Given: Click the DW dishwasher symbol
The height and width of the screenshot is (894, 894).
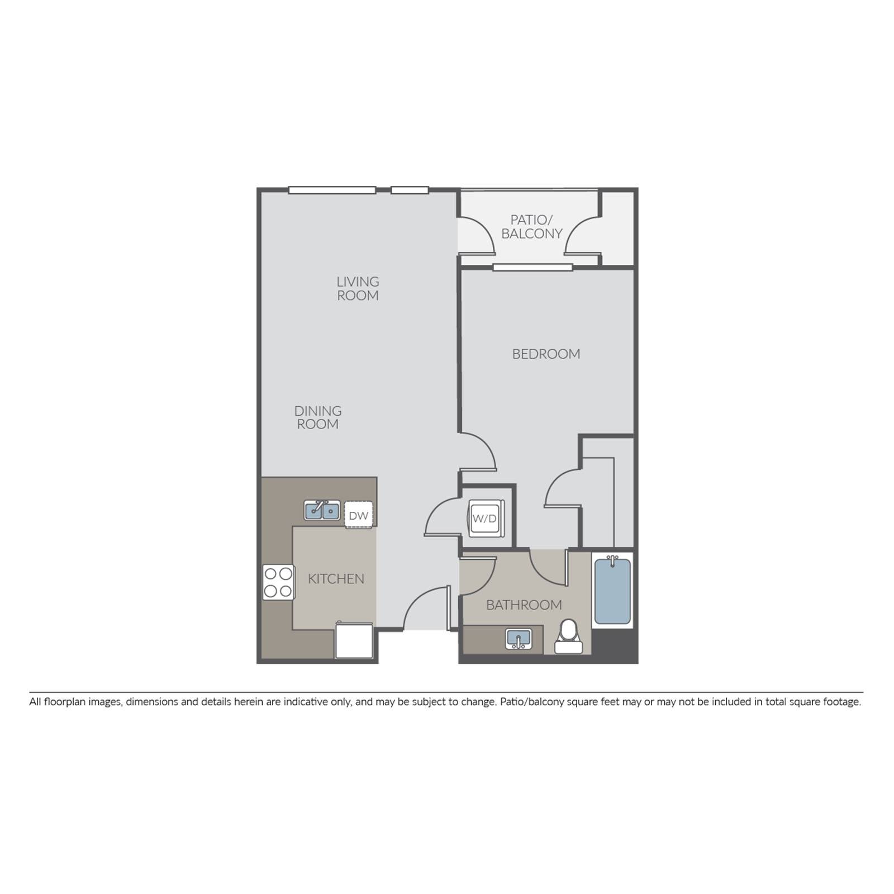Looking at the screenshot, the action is tap(358, 515).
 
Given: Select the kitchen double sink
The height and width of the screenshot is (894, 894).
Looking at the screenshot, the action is tap(322, 510).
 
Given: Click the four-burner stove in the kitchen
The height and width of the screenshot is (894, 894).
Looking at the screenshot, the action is tap(279, 582).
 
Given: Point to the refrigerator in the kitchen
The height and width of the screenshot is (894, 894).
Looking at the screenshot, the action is tap(354, 640).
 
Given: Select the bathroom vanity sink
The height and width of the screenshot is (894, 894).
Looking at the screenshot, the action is tap(519, 639).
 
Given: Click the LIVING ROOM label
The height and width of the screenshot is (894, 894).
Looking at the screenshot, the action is tap(358, 288).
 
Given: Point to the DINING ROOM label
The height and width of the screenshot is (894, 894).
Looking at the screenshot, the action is tap(318, 417).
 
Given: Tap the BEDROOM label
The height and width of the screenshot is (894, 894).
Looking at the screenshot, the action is tap(546, 354).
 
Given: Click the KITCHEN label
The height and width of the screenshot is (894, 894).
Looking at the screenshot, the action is tap(336, 579).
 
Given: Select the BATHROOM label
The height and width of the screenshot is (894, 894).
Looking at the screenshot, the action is tap(524, 605).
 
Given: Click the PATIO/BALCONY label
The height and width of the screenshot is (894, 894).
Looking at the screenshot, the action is tap(531, 226).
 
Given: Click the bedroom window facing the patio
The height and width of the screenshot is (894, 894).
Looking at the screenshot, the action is tap(532, 267).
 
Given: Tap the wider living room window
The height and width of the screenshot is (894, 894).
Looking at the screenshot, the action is tap(332, 190).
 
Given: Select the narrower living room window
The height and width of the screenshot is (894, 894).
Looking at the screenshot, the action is tap(410, 190).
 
